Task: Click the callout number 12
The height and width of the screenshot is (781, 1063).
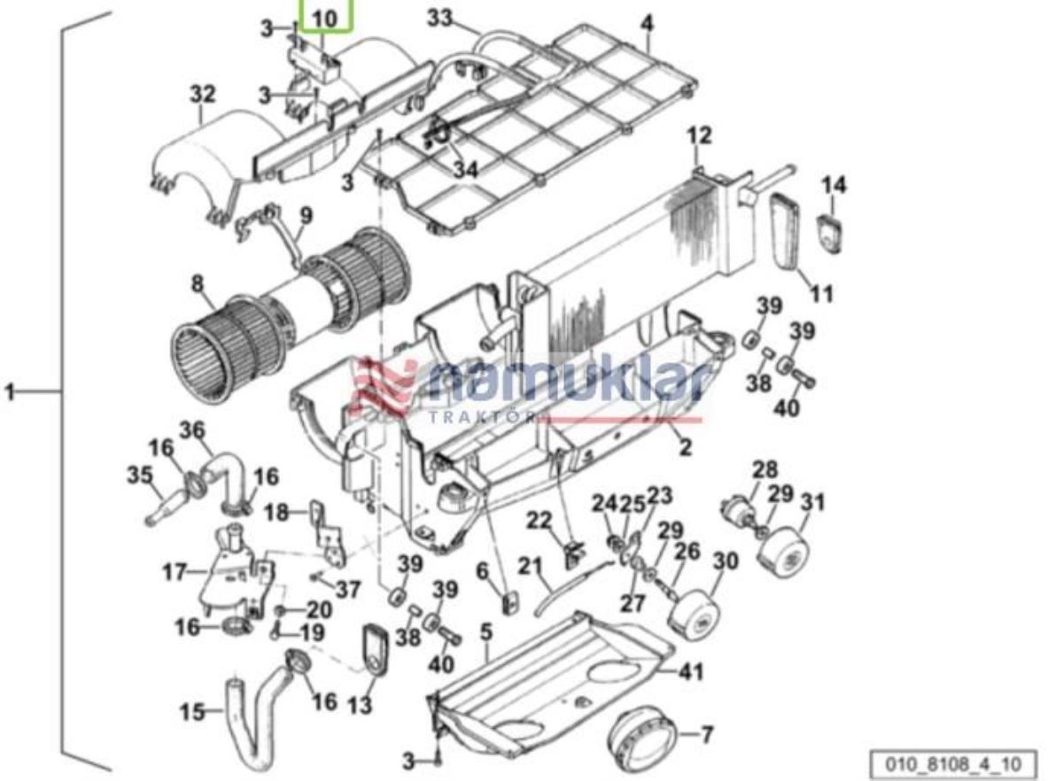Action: (x=700, y=135)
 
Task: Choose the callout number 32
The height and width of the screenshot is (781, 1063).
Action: (x=202, y=93)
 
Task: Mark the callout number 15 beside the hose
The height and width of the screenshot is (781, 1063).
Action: (x=192, y=711)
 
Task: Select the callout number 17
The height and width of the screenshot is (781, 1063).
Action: (x=175, y=572)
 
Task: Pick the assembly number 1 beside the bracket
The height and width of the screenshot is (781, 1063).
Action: (x=11, y=390)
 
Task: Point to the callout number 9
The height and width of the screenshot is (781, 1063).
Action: (x=306, y=215)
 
